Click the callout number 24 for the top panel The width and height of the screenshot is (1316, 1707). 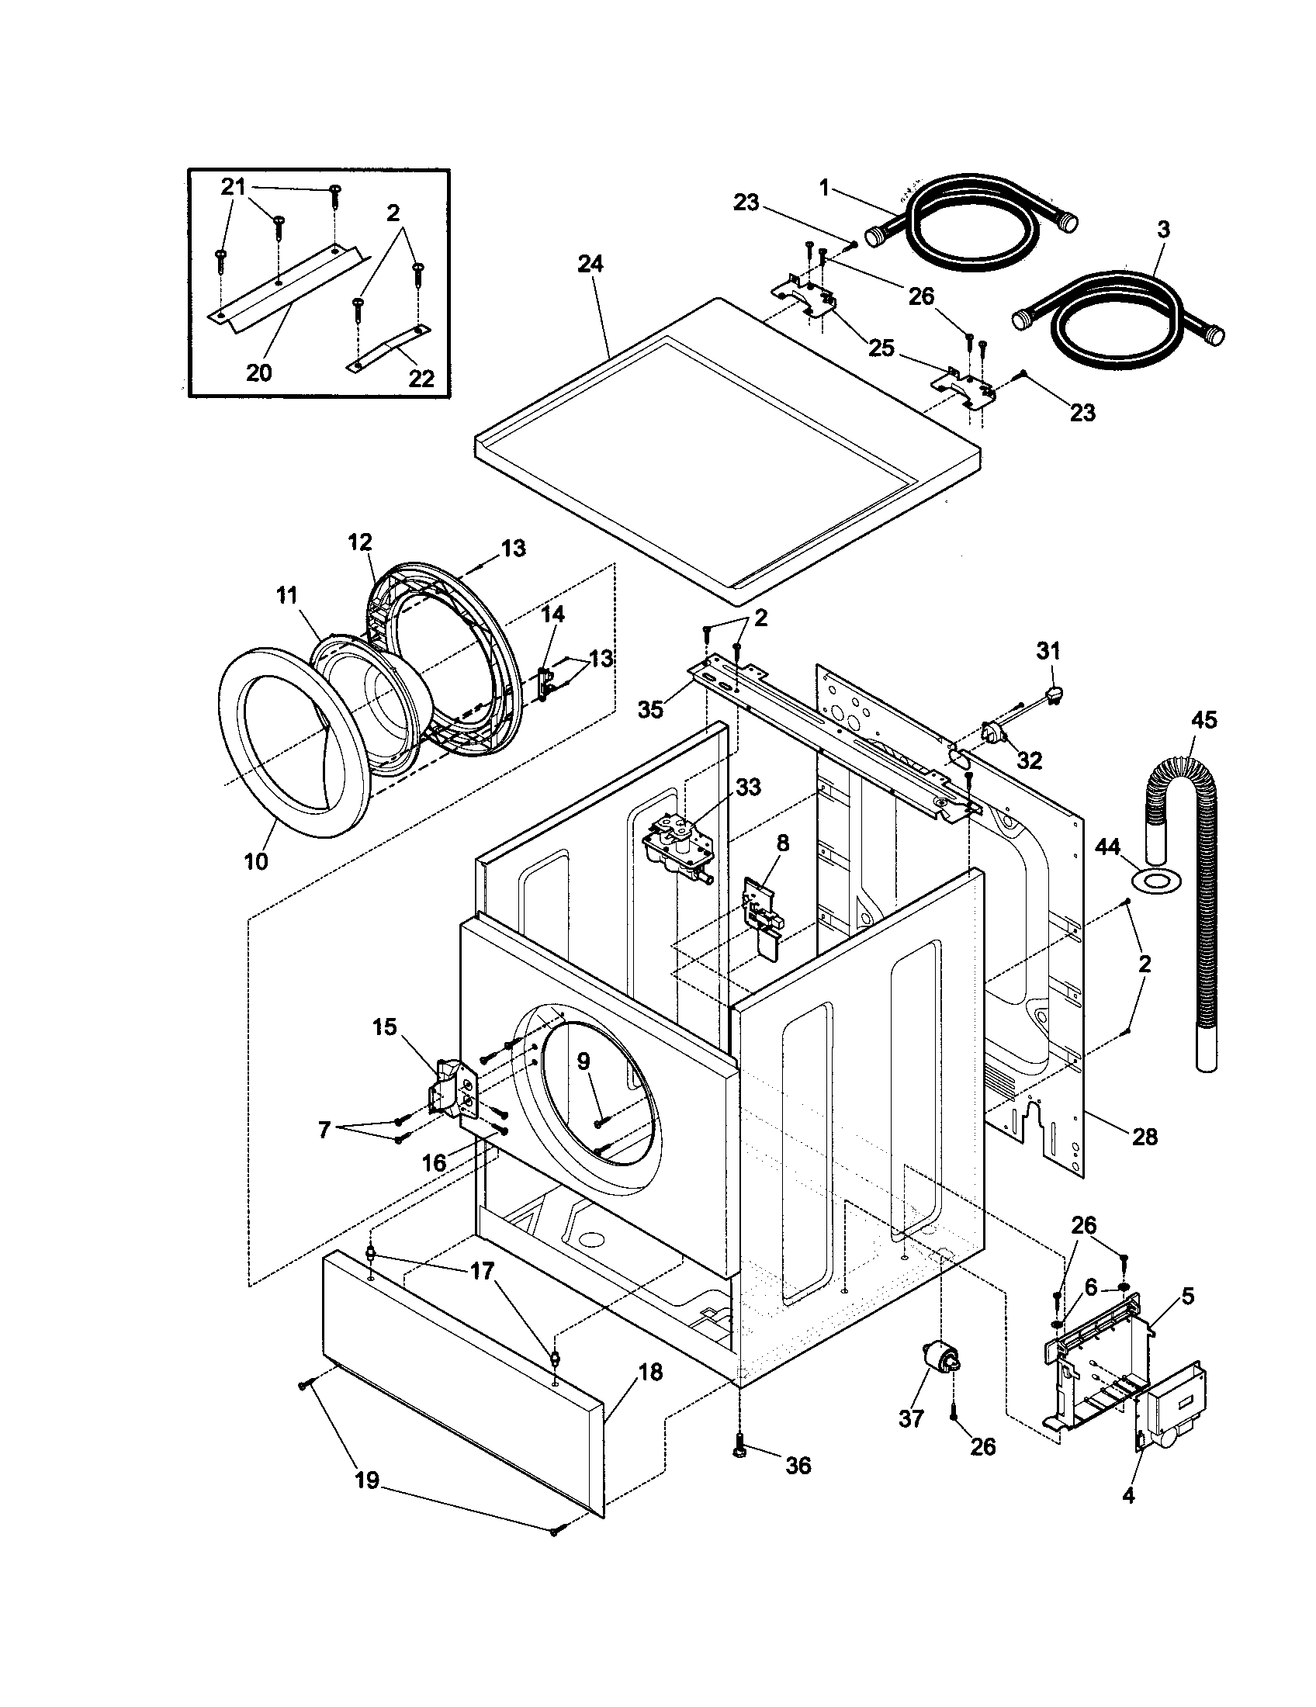pyautogui.click(x=590, y=263)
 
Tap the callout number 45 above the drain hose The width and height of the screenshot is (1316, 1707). pyautogui.click(x=1203, y=719)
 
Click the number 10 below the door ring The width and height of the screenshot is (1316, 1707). pyautogui.click(x=255, y=861)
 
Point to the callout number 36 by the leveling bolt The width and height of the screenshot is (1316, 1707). pyautogui.click(x=797, y=1466)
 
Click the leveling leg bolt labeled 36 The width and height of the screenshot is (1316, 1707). pyautogui.click(x=739, y=1450)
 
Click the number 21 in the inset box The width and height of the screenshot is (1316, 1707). pyautogui.click(x=233, y=187)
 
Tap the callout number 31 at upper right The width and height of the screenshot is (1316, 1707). pyautogui.click(x=1049, y=649)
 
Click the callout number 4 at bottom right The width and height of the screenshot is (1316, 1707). pyautogui.click(x=1127, y=1496)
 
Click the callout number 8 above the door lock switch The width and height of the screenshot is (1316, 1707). pyautogui.click(x=782, y=843)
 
